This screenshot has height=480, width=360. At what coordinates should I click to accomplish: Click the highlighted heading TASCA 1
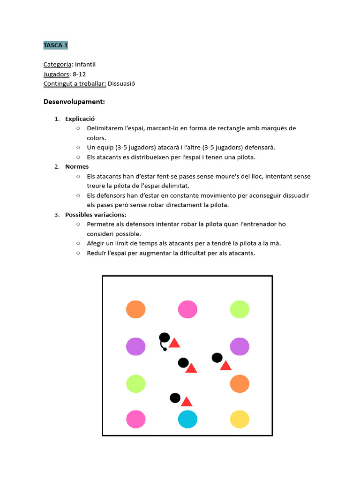point(56,45)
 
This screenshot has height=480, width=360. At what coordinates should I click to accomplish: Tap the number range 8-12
point(79,74)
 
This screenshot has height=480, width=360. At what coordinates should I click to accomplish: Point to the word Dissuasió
point(122,83)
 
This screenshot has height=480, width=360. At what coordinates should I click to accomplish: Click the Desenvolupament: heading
point(74,101)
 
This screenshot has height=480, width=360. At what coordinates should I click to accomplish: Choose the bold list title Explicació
point(80,119)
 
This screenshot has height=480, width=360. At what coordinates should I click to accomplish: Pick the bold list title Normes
point(77,166)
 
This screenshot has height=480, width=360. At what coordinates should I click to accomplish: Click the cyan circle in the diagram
point(187,419)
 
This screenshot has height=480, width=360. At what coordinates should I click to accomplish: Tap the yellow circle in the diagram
point(240,419)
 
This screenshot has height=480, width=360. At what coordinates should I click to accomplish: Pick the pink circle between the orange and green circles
point(187,309)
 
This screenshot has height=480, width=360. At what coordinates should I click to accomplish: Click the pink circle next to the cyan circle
point(135,419)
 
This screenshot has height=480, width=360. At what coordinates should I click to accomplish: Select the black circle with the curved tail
point(164,337)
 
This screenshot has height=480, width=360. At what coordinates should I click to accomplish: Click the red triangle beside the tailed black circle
point(174,344)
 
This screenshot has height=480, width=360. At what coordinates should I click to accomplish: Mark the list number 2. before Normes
point(57,166)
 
